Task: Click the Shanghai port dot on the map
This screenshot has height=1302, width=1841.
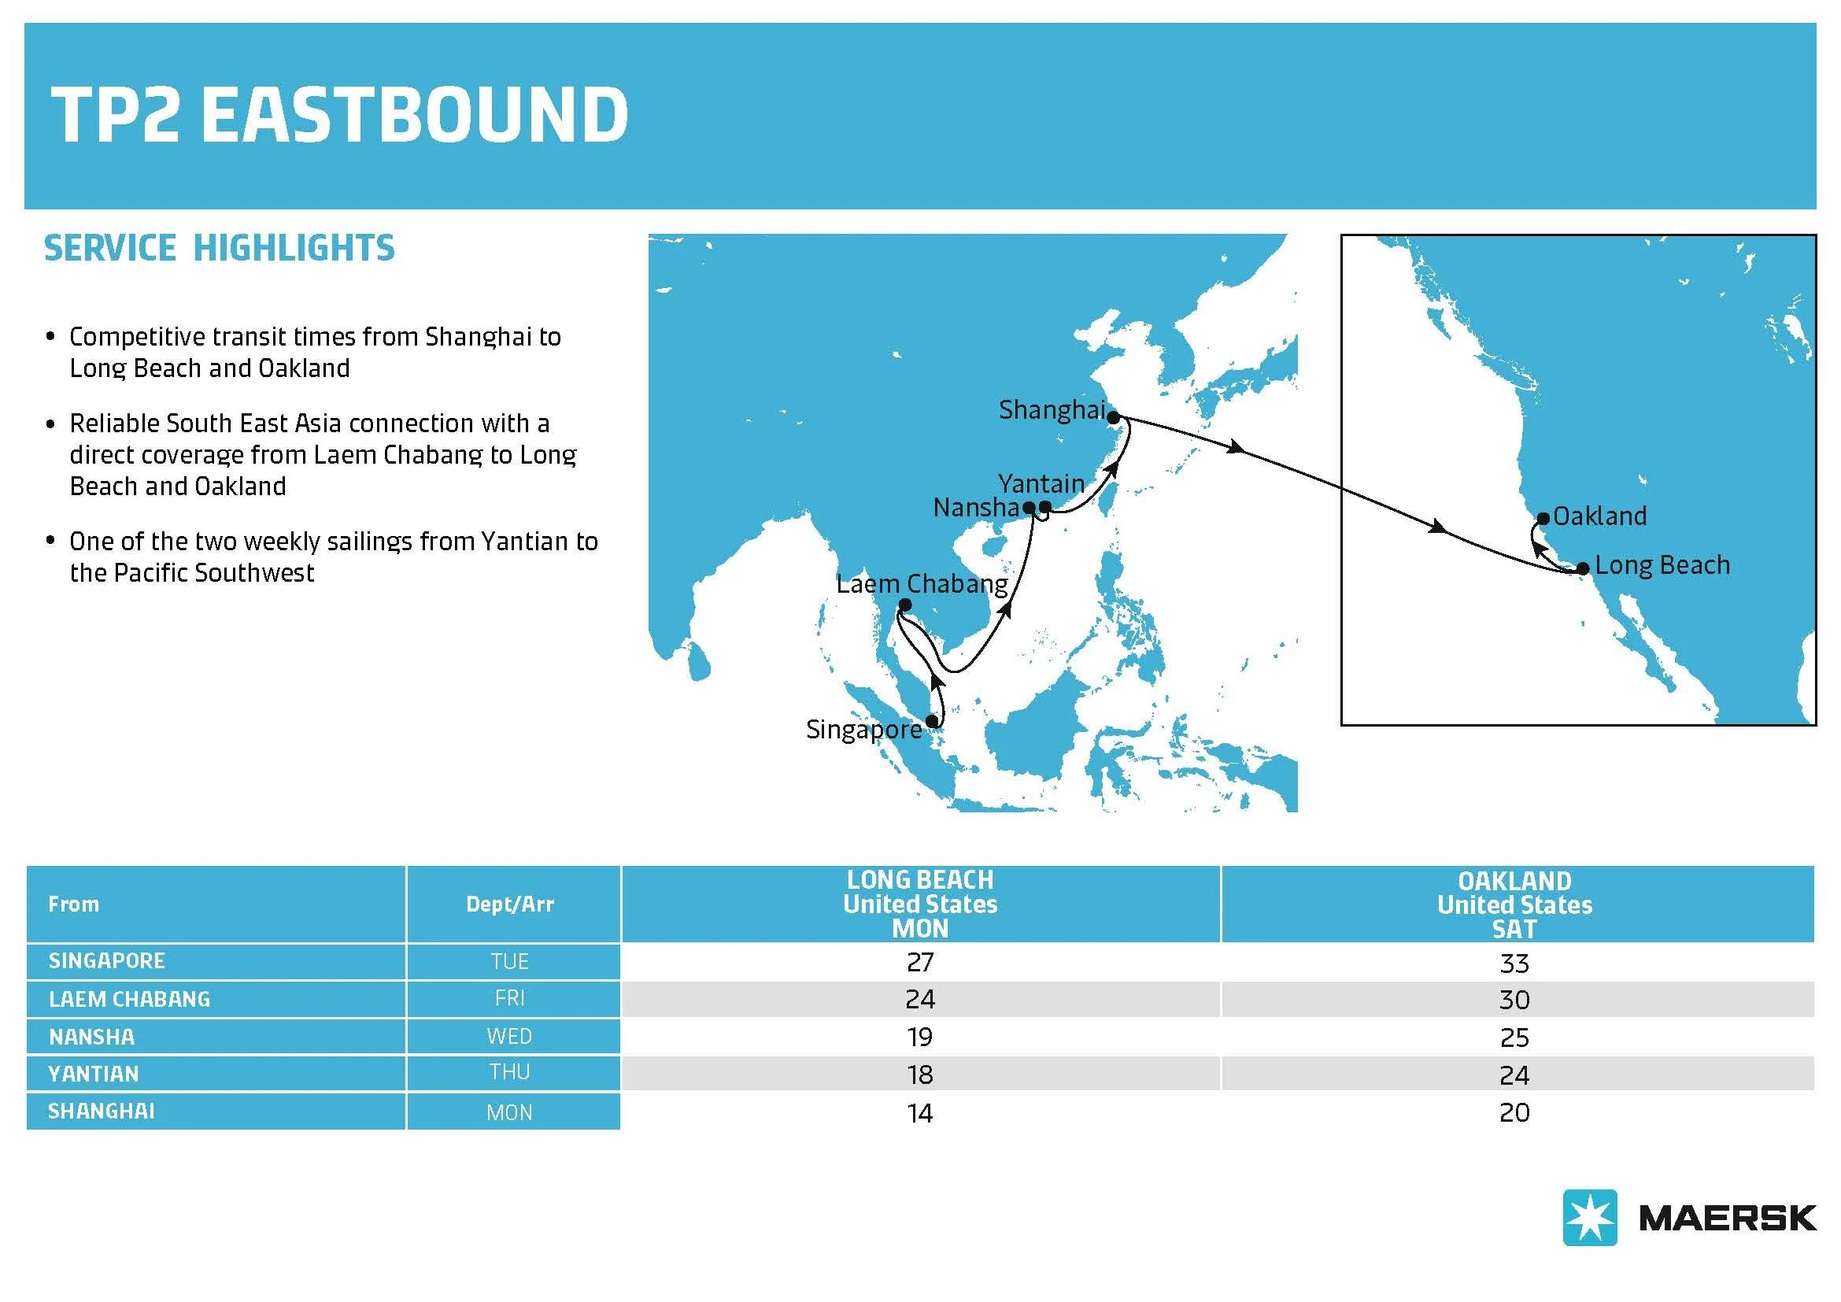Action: point(1113,418)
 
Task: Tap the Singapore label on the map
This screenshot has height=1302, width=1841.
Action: point(863,731)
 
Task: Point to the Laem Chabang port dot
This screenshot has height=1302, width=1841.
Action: point(905,605)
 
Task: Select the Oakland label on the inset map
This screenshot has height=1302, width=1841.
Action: point(1599,516)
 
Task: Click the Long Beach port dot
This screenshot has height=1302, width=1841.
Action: point(1582,569)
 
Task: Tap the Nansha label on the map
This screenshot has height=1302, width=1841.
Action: point(976,508)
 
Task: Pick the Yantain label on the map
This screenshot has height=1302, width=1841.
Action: point(1041,483)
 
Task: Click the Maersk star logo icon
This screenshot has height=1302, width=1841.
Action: point(1589,1217)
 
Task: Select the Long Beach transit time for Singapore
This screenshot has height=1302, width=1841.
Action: point(919,962)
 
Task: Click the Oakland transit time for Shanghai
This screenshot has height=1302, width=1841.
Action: point(1514,1113)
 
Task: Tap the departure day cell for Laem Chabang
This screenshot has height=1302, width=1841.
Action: point(510,998)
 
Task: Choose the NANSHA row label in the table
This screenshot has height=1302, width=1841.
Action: point(91,1038)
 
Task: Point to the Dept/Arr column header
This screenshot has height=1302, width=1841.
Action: point(510,904)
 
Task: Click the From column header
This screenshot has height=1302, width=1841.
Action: point(74,904)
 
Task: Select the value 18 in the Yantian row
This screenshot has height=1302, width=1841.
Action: point(919,1075)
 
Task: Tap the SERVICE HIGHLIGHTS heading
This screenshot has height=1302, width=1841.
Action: point(219,248)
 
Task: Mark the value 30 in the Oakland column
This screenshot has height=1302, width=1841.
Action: point(1514,1000)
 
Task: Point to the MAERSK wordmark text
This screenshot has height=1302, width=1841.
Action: point(1727,1219)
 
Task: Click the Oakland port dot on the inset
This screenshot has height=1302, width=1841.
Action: point(1543,519)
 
